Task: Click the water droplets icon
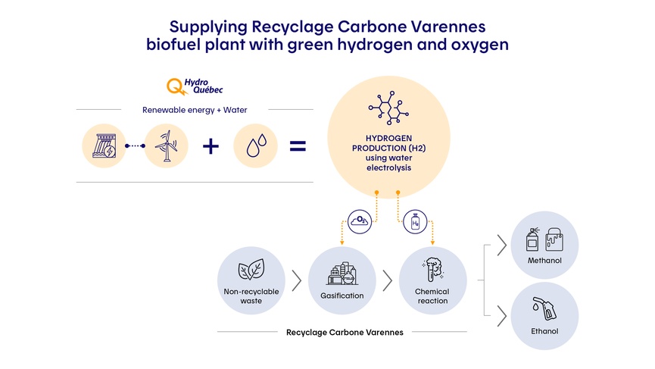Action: [x=256, y=146]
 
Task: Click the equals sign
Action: [x=298, y=145]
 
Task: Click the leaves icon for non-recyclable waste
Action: [x=251, y=271]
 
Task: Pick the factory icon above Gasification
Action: [x=342, y=274]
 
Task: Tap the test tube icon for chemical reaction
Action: [x=432, y=270]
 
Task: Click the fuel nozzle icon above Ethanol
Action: [x=544, y=309]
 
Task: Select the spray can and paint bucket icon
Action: [x=544, y=241]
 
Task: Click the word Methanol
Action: [x=544, y=261]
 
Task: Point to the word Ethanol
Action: [x=544, y=331]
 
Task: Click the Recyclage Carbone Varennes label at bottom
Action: [x=345, y=332]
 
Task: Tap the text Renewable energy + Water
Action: [x=195, y=110]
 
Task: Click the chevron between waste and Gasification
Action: [x=297, y=280]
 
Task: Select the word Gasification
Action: [x=342, y=296]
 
